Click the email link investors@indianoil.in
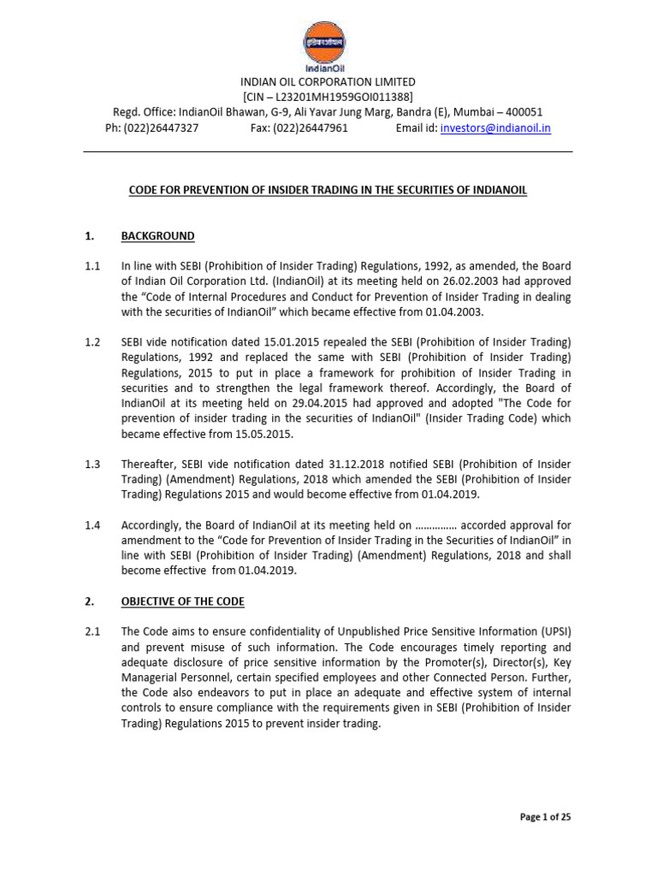[494, 127]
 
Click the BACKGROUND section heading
[157, 236]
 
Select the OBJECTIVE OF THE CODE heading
[182, 601]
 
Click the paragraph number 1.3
[92, 465]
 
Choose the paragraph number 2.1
[92, 632]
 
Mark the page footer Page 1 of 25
[545, 817]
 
